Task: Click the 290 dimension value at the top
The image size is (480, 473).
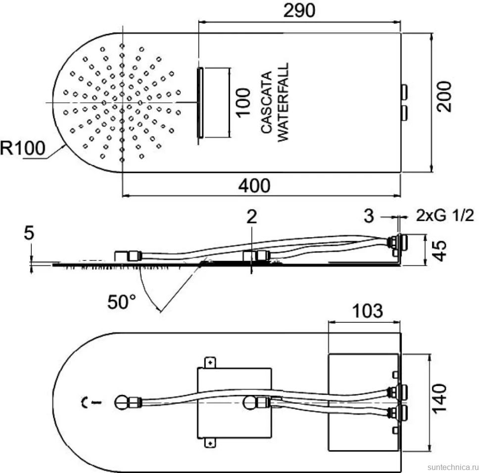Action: tap(299, 11)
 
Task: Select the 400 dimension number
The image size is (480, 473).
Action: tap(254, 186)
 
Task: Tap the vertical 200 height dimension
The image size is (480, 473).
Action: tap(443, 96)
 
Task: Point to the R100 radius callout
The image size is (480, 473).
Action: tap(23, 148)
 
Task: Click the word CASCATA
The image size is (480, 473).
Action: tap(267, 102)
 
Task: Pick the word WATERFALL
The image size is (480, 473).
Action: tap(283, 102)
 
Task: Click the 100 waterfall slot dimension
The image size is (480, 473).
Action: tap(243, 102)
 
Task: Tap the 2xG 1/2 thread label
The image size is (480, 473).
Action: tap(445, 215)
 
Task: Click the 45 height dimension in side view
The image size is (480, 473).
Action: tap(440, 251)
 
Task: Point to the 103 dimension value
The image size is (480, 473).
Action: tap(367, 311)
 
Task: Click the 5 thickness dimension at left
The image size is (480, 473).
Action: tap(29, 233)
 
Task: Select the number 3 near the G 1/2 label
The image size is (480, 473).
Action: tap(369, 216)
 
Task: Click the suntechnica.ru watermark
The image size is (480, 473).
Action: tap(453, 467)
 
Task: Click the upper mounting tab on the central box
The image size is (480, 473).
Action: tap(210, 363)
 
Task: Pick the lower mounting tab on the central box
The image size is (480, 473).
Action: tap(210, 443)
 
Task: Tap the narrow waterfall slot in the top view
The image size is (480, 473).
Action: tap(200, 103)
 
